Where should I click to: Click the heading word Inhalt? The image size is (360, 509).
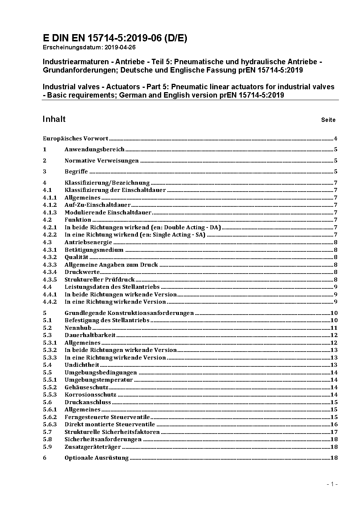(54, 119)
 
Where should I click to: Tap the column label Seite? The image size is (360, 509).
(328, 120)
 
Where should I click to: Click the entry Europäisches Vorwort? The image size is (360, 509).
(75, 139)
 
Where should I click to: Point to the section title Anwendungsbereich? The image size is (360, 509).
(94, 149)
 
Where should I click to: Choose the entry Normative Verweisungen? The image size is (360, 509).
(102, 161)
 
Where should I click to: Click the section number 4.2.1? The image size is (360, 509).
(50, 227)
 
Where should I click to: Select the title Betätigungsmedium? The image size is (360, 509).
(94, 250)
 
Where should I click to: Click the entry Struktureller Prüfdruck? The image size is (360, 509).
(99, 280)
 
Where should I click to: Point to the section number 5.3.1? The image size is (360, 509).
(50, 343)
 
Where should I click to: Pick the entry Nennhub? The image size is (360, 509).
(78, 328)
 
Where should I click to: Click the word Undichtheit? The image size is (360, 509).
(82, 365)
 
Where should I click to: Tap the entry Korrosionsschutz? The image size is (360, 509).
(90, 395)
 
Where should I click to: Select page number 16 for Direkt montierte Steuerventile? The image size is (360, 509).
(334, 424)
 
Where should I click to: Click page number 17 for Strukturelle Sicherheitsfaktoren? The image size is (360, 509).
(334, 432)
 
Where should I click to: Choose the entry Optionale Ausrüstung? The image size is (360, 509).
(97, 458)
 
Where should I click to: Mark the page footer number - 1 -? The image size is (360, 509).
(332, 484)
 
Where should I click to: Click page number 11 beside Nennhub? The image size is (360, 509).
(334, 328)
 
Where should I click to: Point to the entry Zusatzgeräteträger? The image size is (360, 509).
(93, 447)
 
